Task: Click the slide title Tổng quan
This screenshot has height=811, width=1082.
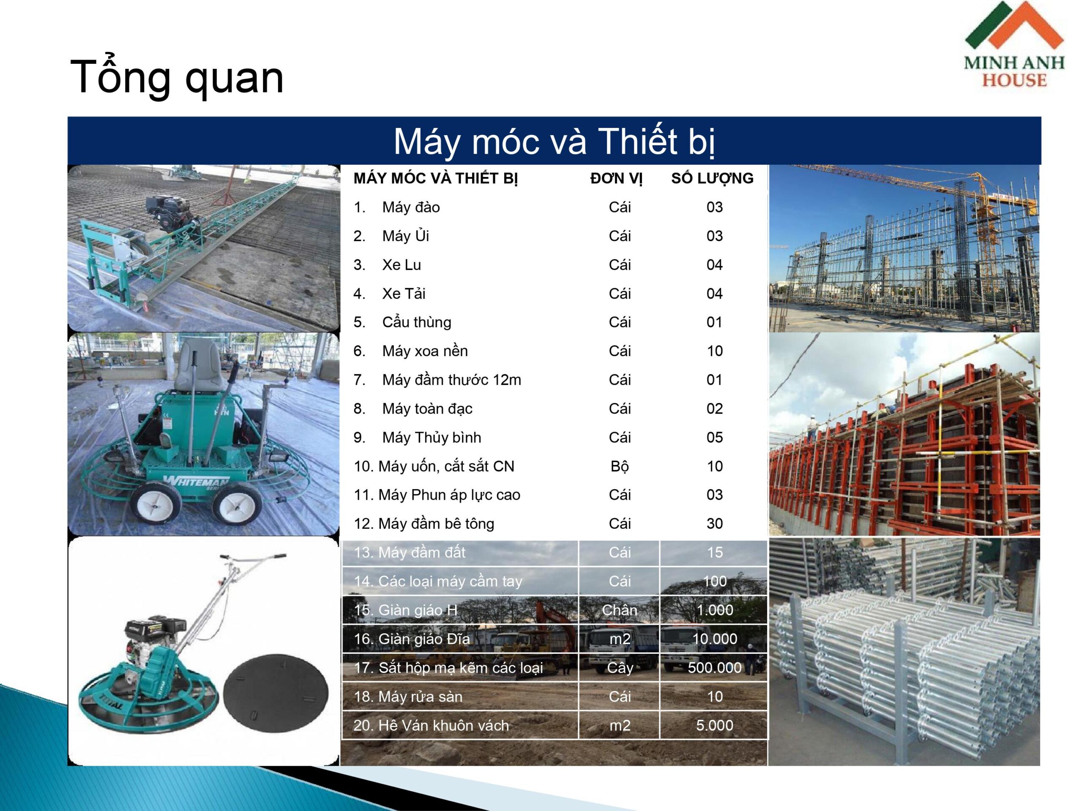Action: tap(177, 77)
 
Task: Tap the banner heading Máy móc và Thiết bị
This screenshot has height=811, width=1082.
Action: tap(554, 141)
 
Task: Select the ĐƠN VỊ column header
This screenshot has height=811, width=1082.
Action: tap(616, 178)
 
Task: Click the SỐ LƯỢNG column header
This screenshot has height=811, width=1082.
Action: tap(712, 178)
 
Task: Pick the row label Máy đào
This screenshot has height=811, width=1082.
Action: tap(411, 207)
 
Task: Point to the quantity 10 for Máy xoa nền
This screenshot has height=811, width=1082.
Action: tap(715, 351)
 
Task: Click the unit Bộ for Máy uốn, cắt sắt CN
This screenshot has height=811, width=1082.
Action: tap(620, 466)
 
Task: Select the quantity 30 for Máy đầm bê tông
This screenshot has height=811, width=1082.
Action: tap(715, 523)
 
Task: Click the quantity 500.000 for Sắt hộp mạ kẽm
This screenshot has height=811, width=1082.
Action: tap(715, 668)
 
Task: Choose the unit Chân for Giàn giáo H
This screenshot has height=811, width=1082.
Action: tap(620, 610)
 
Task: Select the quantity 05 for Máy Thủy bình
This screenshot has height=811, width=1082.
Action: tap(715, 438)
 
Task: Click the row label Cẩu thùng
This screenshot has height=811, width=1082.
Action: tap(417, 322)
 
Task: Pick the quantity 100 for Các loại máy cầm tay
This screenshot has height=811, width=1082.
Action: tap(715, 581)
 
